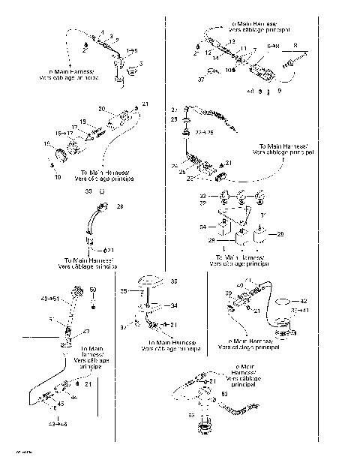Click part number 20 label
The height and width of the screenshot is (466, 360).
tap(102, 109)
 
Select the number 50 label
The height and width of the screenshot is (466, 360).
tap(93, 290)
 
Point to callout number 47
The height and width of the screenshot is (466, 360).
tap(86, 331)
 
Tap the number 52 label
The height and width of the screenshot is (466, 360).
tap(226, 392)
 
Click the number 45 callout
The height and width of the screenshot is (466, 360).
tap(61, 404)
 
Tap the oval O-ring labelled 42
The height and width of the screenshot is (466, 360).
tap(283, 303)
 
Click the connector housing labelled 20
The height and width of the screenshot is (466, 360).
tap(119, 120)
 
